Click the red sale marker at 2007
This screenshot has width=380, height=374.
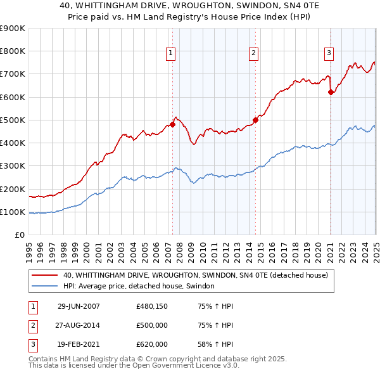pyautogui.click(x=172, y=125)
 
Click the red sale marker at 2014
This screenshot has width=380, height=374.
pyautogui.click(x=255, y=120)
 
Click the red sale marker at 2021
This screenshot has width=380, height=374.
pyautogui.click(x=331, y=92)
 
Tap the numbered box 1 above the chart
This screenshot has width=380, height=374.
pyautogui.click(x=172, y=53)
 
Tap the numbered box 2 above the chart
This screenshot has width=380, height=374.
pyautogui.click(x=253, y=53)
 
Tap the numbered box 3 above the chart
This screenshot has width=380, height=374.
pyautogui.click(x=329, y=53)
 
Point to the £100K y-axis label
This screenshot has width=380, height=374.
pyautogui.click(x=13, y=212)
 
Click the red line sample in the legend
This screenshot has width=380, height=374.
pyautogui.click(x=45, y=275)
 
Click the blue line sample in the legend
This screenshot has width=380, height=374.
pyautogui.click(x=45, y=287)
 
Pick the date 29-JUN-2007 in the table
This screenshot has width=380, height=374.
pyautogui.click(x=79, y=306)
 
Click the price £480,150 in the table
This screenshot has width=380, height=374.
pyautogui.click(x=152, y=306)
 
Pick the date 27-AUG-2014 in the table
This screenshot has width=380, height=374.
pyautogui.click(x=79, y=325)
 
